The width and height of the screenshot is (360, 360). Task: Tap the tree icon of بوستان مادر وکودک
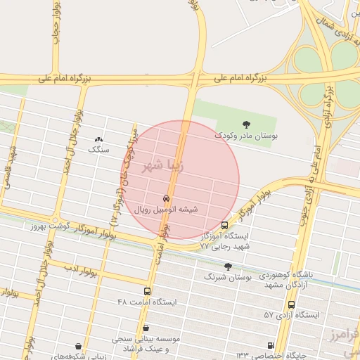click(x=245, y=124)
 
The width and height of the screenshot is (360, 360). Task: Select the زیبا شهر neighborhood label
click(x=163, y=167)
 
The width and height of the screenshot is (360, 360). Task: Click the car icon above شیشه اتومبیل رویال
click(x=166, y=198)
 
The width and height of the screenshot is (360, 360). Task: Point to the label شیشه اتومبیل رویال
click(x=169, y=209)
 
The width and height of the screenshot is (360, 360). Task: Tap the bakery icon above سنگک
click(x=98, y=140)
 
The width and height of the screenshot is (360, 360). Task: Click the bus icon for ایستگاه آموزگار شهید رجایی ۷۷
click(x=224, y=225)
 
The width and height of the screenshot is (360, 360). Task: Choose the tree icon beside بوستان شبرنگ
click(x=228, y=266)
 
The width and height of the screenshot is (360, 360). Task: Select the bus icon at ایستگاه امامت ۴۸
click(x=147, y=291)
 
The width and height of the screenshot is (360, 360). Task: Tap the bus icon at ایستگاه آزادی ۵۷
click(x=291, y=304)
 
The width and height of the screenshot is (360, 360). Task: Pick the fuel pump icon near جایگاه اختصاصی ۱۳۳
click(x=271, y=345)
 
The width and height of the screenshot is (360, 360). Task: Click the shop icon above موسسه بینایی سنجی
click(x=146, y=328)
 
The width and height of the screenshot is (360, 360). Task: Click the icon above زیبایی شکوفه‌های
click(x=77, y=346)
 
